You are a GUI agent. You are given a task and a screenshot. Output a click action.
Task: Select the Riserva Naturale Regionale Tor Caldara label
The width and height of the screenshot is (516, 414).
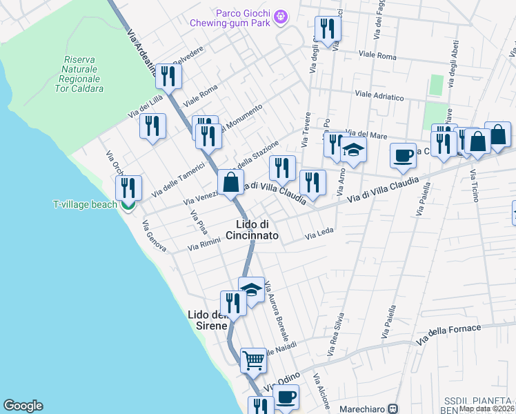(82, 75)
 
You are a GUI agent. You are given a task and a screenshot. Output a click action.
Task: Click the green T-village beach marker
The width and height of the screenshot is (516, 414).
(127, 204)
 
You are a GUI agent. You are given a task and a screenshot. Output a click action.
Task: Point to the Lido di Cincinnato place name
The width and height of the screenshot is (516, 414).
(257, 230)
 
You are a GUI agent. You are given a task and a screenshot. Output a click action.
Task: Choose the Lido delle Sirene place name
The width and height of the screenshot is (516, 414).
(208, 319)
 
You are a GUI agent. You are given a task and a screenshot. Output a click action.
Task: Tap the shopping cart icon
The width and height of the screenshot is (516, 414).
(253, 360)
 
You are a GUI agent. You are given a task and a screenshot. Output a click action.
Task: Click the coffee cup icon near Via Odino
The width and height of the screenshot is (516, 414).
(286, 397)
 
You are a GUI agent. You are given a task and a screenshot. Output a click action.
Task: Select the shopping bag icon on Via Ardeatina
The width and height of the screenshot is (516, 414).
(231, 183)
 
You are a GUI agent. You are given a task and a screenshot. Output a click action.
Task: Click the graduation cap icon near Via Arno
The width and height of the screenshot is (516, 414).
(353, 151)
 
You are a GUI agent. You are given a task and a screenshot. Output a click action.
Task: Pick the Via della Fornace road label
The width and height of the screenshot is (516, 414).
(448, 333)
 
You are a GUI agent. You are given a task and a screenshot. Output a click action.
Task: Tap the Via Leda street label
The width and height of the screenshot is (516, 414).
(319, 236)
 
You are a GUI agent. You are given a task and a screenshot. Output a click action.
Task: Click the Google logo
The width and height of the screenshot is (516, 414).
(23, 406)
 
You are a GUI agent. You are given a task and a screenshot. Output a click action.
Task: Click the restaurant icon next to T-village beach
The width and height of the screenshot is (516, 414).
(128, 188)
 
